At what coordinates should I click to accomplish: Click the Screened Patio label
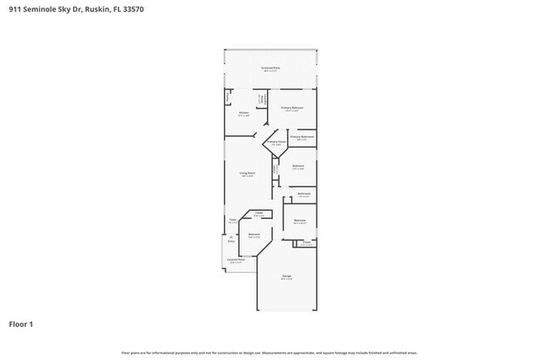click(x=270, y=68)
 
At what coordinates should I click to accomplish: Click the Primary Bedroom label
click(x=291, y=108)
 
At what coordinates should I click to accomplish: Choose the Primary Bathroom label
click(x=302, y=137)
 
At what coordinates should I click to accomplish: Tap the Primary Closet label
click(x=276, y=142)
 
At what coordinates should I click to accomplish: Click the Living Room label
click(x=248, y=173)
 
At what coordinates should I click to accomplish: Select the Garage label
click(x=286, y=276)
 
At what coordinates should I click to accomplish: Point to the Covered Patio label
click(x=236, y=260)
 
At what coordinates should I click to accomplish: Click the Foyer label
click(x=233, y=220)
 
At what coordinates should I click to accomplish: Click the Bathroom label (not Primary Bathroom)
click(x=304, y=194)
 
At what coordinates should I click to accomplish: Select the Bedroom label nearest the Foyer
click(x=255, y=235)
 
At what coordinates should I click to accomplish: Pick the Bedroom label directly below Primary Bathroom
click(x=298, y=166)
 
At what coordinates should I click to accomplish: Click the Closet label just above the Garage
click(x=306, y=243)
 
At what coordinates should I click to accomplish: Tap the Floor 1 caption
click(x=22, y=324)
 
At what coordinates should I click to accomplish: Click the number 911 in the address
click(x=16, y=10)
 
